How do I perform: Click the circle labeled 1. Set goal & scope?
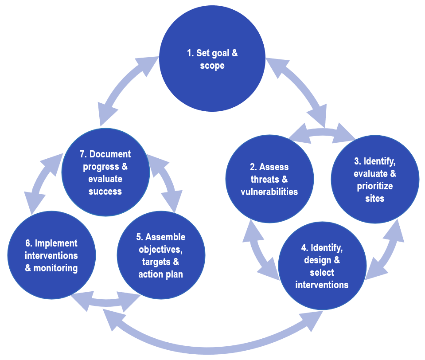point(212,59)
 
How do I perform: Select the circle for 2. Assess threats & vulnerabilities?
point(269,179)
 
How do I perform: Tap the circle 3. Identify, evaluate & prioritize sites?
point(375,179)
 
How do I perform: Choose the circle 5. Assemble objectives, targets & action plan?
point(161,255)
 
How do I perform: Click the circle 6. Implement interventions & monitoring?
point(51,255)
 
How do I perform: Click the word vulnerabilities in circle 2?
point(269,192)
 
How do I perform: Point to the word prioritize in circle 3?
point(375,186)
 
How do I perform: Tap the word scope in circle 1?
point(212,66)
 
